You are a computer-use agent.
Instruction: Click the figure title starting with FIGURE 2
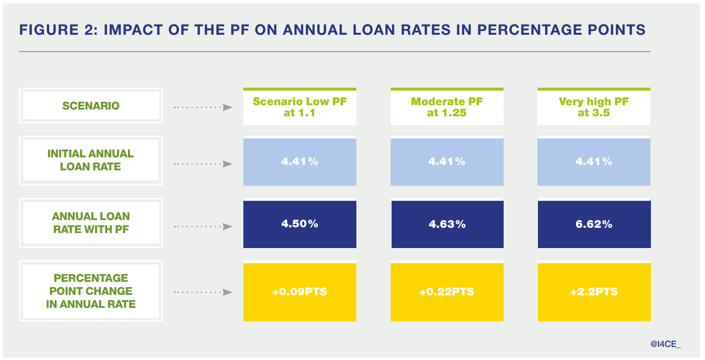332,30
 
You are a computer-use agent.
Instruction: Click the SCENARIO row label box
91,106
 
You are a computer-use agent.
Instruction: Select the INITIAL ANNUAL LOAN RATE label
91,160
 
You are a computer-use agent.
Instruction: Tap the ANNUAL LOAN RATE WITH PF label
91,223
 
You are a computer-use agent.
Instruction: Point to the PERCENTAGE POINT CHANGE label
91,291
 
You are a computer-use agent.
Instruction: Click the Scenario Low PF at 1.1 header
300,107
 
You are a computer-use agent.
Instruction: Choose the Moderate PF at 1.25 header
447,107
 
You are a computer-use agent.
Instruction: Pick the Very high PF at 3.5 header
594,107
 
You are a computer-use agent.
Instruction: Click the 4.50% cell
300,224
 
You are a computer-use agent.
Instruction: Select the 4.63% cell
447,224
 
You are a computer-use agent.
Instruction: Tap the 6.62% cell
594,224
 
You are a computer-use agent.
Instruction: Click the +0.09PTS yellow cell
300,292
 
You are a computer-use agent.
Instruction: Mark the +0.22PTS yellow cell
447,292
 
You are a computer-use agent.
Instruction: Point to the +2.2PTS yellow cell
594,292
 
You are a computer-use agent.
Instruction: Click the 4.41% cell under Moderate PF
447,162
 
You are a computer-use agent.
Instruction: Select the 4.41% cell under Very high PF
594,162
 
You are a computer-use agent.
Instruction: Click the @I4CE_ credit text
665,344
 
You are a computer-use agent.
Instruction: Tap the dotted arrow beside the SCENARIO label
203,107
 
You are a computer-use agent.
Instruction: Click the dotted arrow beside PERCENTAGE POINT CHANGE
203,292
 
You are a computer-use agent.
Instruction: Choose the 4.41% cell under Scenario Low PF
300,162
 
